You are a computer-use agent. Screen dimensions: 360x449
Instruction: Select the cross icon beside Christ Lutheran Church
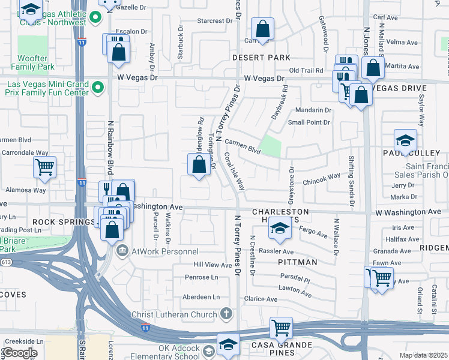(226, 313)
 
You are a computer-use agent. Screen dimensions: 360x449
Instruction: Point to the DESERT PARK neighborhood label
(261, 58)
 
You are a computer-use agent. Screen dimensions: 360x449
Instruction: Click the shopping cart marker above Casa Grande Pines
(281, 328)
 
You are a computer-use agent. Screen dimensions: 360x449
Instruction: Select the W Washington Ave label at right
(408, 212)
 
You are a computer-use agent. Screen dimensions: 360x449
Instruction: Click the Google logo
(20, 352)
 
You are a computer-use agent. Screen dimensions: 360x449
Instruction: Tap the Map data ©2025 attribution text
(423, 355)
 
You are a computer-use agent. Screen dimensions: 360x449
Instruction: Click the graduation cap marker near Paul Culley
(405, 142)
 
